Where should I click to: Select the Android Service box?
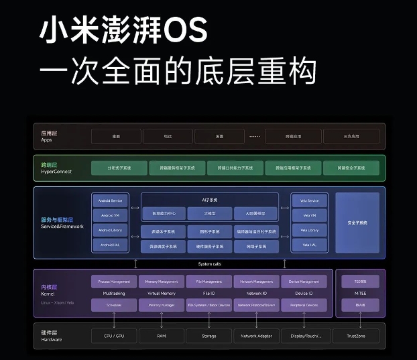pos(111,200)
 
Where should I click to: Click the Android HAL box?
pos(111,245)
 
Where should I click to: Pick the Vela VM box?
pos(310,215)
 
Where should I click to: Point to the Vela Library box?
pos(310,230)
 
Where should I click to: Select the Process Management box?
pos(113,282)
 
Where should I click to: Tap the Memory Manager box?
pos(161,306)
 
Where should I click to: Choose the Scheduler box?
pos(113,306)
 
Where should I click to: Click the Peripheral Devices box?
pos(304,306)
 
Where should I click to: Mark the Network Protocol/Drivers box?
pos(256,306)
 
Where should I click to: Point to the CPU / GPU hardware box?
pos(113,335)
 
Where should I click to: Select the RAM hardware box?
pos(161,335)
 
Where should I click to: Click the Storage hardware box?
pos(208,335)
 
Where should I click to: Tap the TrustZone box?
pos(361,335)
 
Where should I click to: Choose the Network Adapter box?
pos(256,335)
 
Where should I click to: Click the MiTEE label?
pos(361,294)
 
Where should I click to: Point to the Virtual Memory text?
pos(161,294)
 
